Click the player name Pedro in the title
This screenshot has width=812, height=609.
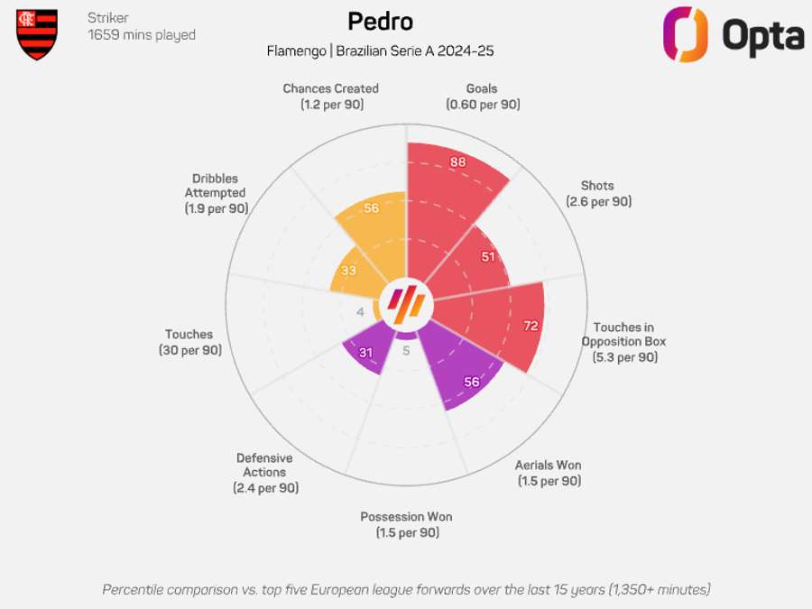point(380,21)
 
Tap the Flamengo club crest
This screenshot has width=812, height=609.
point(37,34)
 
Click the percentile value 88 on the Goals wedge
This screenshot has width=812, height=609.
point(458,162)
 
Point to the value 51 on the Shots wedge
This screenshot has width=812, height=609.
point(488,256)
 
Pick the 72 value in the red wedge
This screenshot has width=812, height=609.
point(531,326)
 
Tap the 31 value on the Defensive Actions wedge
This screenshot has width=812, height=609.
point(366,352)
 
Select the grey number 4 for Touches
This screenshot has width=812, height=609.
point(361,312)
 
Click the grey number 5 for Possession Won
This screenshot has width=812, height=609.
point(406,351)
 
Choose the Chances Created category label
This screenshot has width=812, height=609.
point(330,97)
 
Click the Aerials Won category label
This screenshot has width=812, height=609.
point(549,473)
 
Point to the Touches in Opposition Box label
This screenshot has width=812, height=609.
point(624,342)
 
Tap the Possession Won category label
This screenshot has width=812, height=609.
point(406,524)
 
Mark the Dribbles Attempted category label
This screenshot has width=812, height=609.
point(216,193)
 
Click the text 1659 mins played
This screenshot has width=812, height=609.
point(142,35)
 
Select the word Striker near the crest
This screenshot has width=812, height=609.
point(108,18)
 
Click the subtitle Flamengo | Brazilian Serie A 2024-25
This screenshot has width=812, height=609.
point(380,51)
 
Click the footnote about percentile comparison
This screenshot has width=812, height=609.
point(406,589)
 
